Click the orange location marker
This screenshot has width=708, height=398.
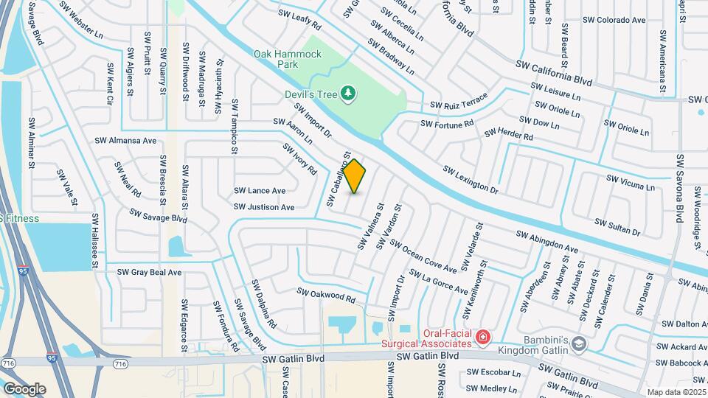355,176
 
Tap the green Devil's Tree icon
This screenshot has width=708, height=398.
350,94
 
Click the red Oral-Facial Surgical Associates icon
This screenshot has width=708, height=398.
483,338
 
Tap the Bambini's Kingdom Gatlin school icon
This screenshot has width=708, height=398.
580,343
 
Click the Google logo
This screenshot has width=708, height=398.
24,388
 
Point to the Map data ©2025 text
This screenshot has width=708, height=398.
676,392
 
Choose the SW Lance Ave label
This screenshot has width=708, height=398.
260,190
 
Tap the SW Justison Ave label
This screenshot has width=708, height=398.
264,207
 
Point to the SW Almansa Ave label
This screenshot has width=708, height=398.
125,140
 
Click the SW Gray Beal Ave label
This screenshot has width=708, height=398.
149,272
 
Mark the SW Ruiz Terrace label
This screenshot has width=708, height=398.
459,102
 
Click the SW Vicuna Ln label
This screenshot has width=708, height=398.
630,182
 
